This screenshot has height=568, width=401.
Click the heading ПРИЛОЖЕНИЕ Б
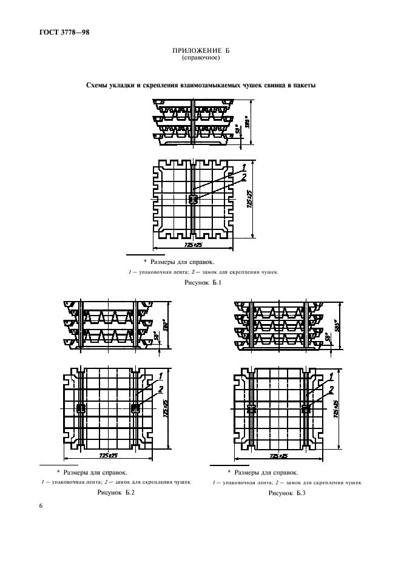pos(200,52)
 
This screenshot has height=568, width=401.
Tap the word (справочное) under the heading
pos(200,58)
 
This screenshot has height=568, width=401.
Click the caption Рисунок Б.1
pos(200,283)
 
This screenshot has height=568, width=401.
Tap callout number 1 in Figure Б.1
pos(243,166)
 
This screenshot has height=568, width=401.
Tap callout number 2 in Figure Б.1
pos(243,177)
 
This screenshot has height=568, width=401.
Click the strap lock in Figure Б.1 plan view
pos(193,199)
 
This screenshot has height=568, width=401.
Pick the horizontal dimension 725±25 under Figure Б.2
pos(107,456)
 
